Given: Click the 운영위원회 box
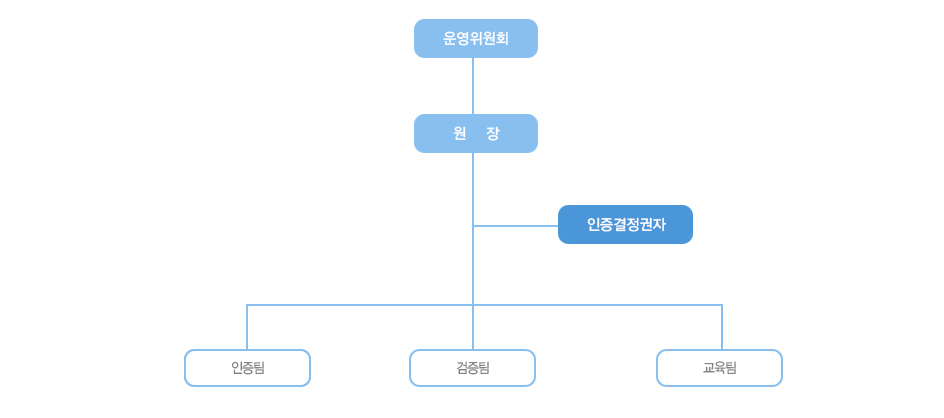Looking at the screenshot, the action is pyautogui.click(x=476, y=39).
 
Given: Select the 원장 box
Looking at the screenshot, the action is pyautogui.click(x=476, y=134).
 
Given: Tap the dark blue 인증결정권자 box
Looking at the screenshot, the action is pyautogui.click(x=626, y=225).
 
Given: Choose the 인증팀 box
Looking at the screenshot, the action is pyautogui.click(x=247, y=367).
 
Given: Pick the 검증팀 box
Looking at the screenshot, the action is pyautogui.click(x=473, y=367).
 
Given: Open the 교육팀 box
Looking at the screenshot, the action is pyautogui.click(x=719, y=367).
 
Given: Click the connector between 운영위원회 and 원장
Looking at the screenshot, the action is pyautogui.click(x=473, y=86).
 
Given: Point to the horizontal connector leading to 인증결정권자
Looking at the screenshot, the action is pyautogui.click(x=516, y=226).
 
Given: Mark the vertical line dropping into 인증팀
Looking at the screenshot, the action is pyautogui.click(x=247, y=327).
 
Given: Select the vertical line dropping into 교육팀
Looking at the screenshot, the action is pyautogui.click(x=722, y=327).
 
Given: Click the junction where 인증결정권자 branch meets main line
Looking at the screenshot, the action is pyautogui.click(x=473, y=226).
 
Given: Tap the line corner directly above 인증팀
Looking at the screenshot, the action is pyautogui.click(x=247, y=305).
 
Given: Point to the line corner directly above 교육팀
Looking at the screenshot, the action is pyautogui.click(x=722, y=305).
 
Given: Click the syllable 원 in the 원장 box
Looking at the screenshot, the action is pyautogui.click(x=461, y=134).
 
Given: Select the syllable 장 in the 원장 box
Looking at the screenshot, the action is pyautogui.click(x=493, y=134).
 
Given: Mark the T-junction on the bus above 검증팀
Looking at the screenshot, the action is pyautogui.click(x=473, y=305).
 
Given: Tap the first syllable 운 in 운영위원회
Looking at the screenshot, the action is pyautogui.click(x=450, y=39).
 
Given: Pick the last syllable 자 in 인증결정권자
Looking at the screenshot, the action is pyautogui.click(x=659, y=225).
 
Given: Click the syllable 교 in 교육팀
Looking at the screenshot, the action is pyautogui.click(x=708, y=367).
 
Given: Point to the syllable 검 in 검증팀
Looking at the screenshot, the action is pyautogui.click(x=462, y=367).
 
